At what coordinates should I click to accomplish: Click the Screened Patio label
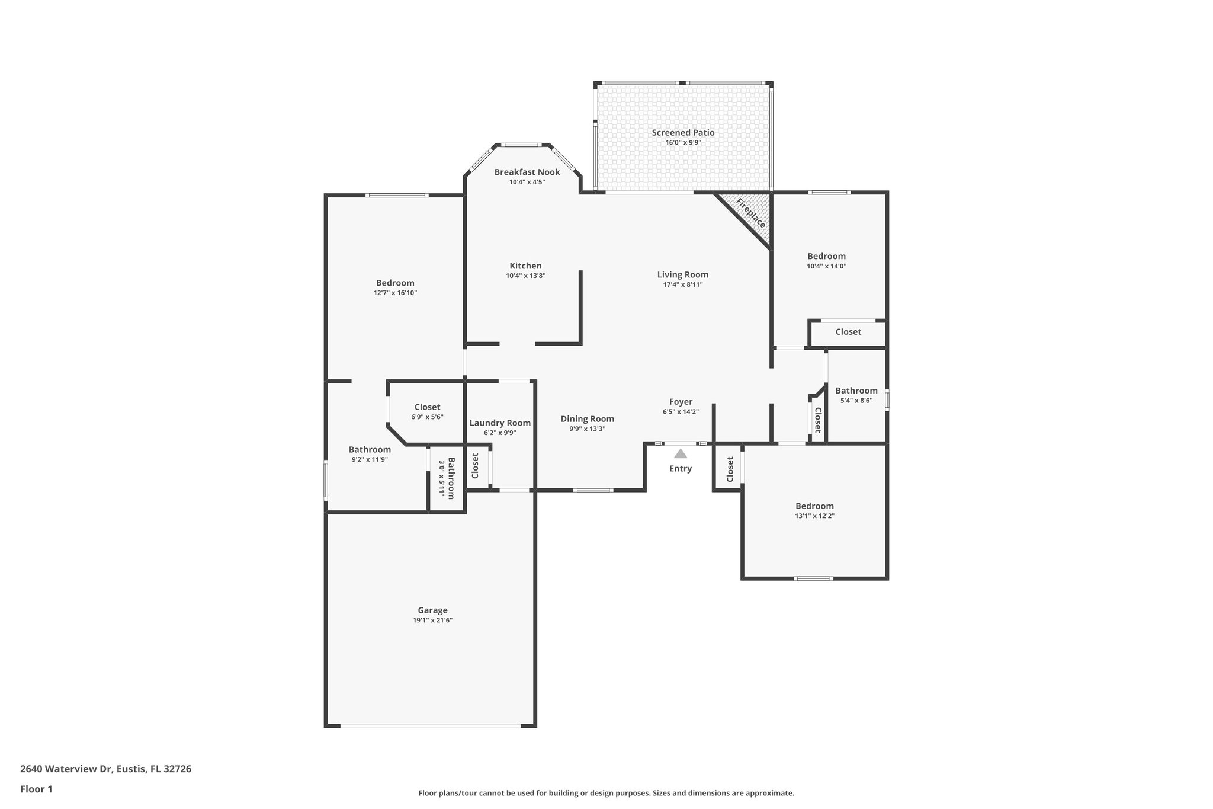(683, 133)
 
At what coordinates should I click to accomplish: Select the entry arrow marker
(681, 454)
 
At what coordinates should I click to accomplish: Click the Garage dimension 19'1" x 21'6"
(432, 621)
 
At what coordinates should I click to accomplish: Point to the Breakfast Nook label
(527, 172)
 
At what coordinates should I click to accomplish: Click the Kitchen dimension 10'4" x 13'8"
(525, 276)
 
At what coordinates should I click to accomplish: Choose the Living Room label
(682, 274)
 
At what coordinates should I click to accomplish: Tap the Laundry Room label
(500, 423)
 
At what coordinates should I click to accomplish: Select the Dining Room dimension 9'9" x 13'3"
(587, 429)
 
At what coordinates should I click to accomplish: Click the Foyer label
(681, 402)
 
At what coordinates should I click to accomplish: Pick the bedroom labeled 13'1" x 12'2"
(814, 506)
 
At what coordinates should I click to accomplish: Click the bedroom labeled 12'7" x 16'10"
(395, 283)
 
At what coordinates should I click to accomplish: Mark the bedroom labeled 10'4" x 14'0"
(826, 257)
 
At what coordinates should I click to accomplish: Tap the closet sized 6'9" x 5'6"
(427, 407)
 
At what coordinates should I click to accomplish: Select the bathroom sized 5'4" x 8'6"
(856, 391)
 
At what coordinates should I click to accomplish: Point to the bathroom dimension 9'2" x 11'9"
(370, 459)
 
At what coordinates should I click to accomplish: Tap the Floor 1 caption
(36, 789)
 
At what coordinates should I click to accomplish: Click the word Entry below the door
(681, 469)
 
